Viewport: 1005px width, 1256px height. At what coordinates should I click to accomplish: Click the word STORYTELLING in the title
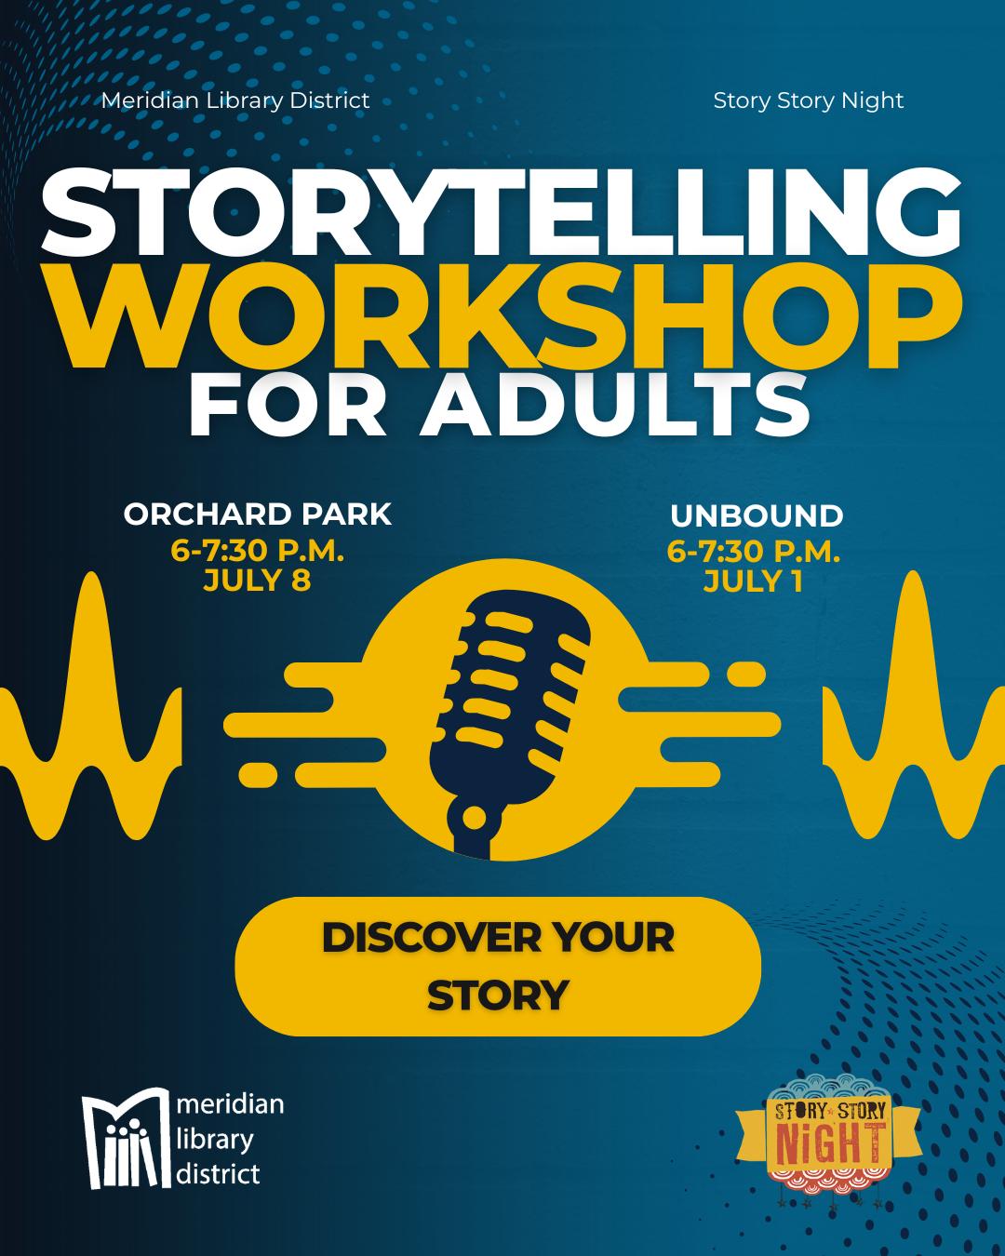tap(501, 213)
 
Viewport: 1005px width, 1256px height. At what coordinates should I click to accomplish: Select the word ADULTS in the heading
tap(616, 404)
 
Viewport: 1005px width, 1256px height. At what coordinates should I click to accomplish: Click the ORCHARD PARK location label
tap(258, 514)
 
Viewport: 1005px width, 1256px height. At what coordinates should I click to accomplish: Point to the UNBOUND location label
tap(757, 515)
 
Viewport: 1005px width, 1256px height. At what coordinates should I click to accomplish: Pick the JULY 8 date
tap(257, 581)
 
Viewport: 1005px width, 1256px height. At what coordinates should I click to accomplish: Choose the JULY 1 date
tap(754, 581)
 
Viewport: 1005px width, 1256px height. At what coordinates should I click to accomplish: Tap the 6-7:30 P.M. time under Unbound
tap(754, 551)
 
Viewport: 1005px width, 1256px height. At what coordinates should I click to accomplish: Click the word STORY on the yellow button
tap(498, 995)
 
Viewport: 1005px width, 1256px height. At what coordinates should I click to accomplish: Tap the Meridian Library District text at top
tap(235, 101)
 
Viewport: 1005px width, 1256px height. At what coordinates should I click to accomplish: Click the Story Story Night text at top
tap(809, 101)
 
